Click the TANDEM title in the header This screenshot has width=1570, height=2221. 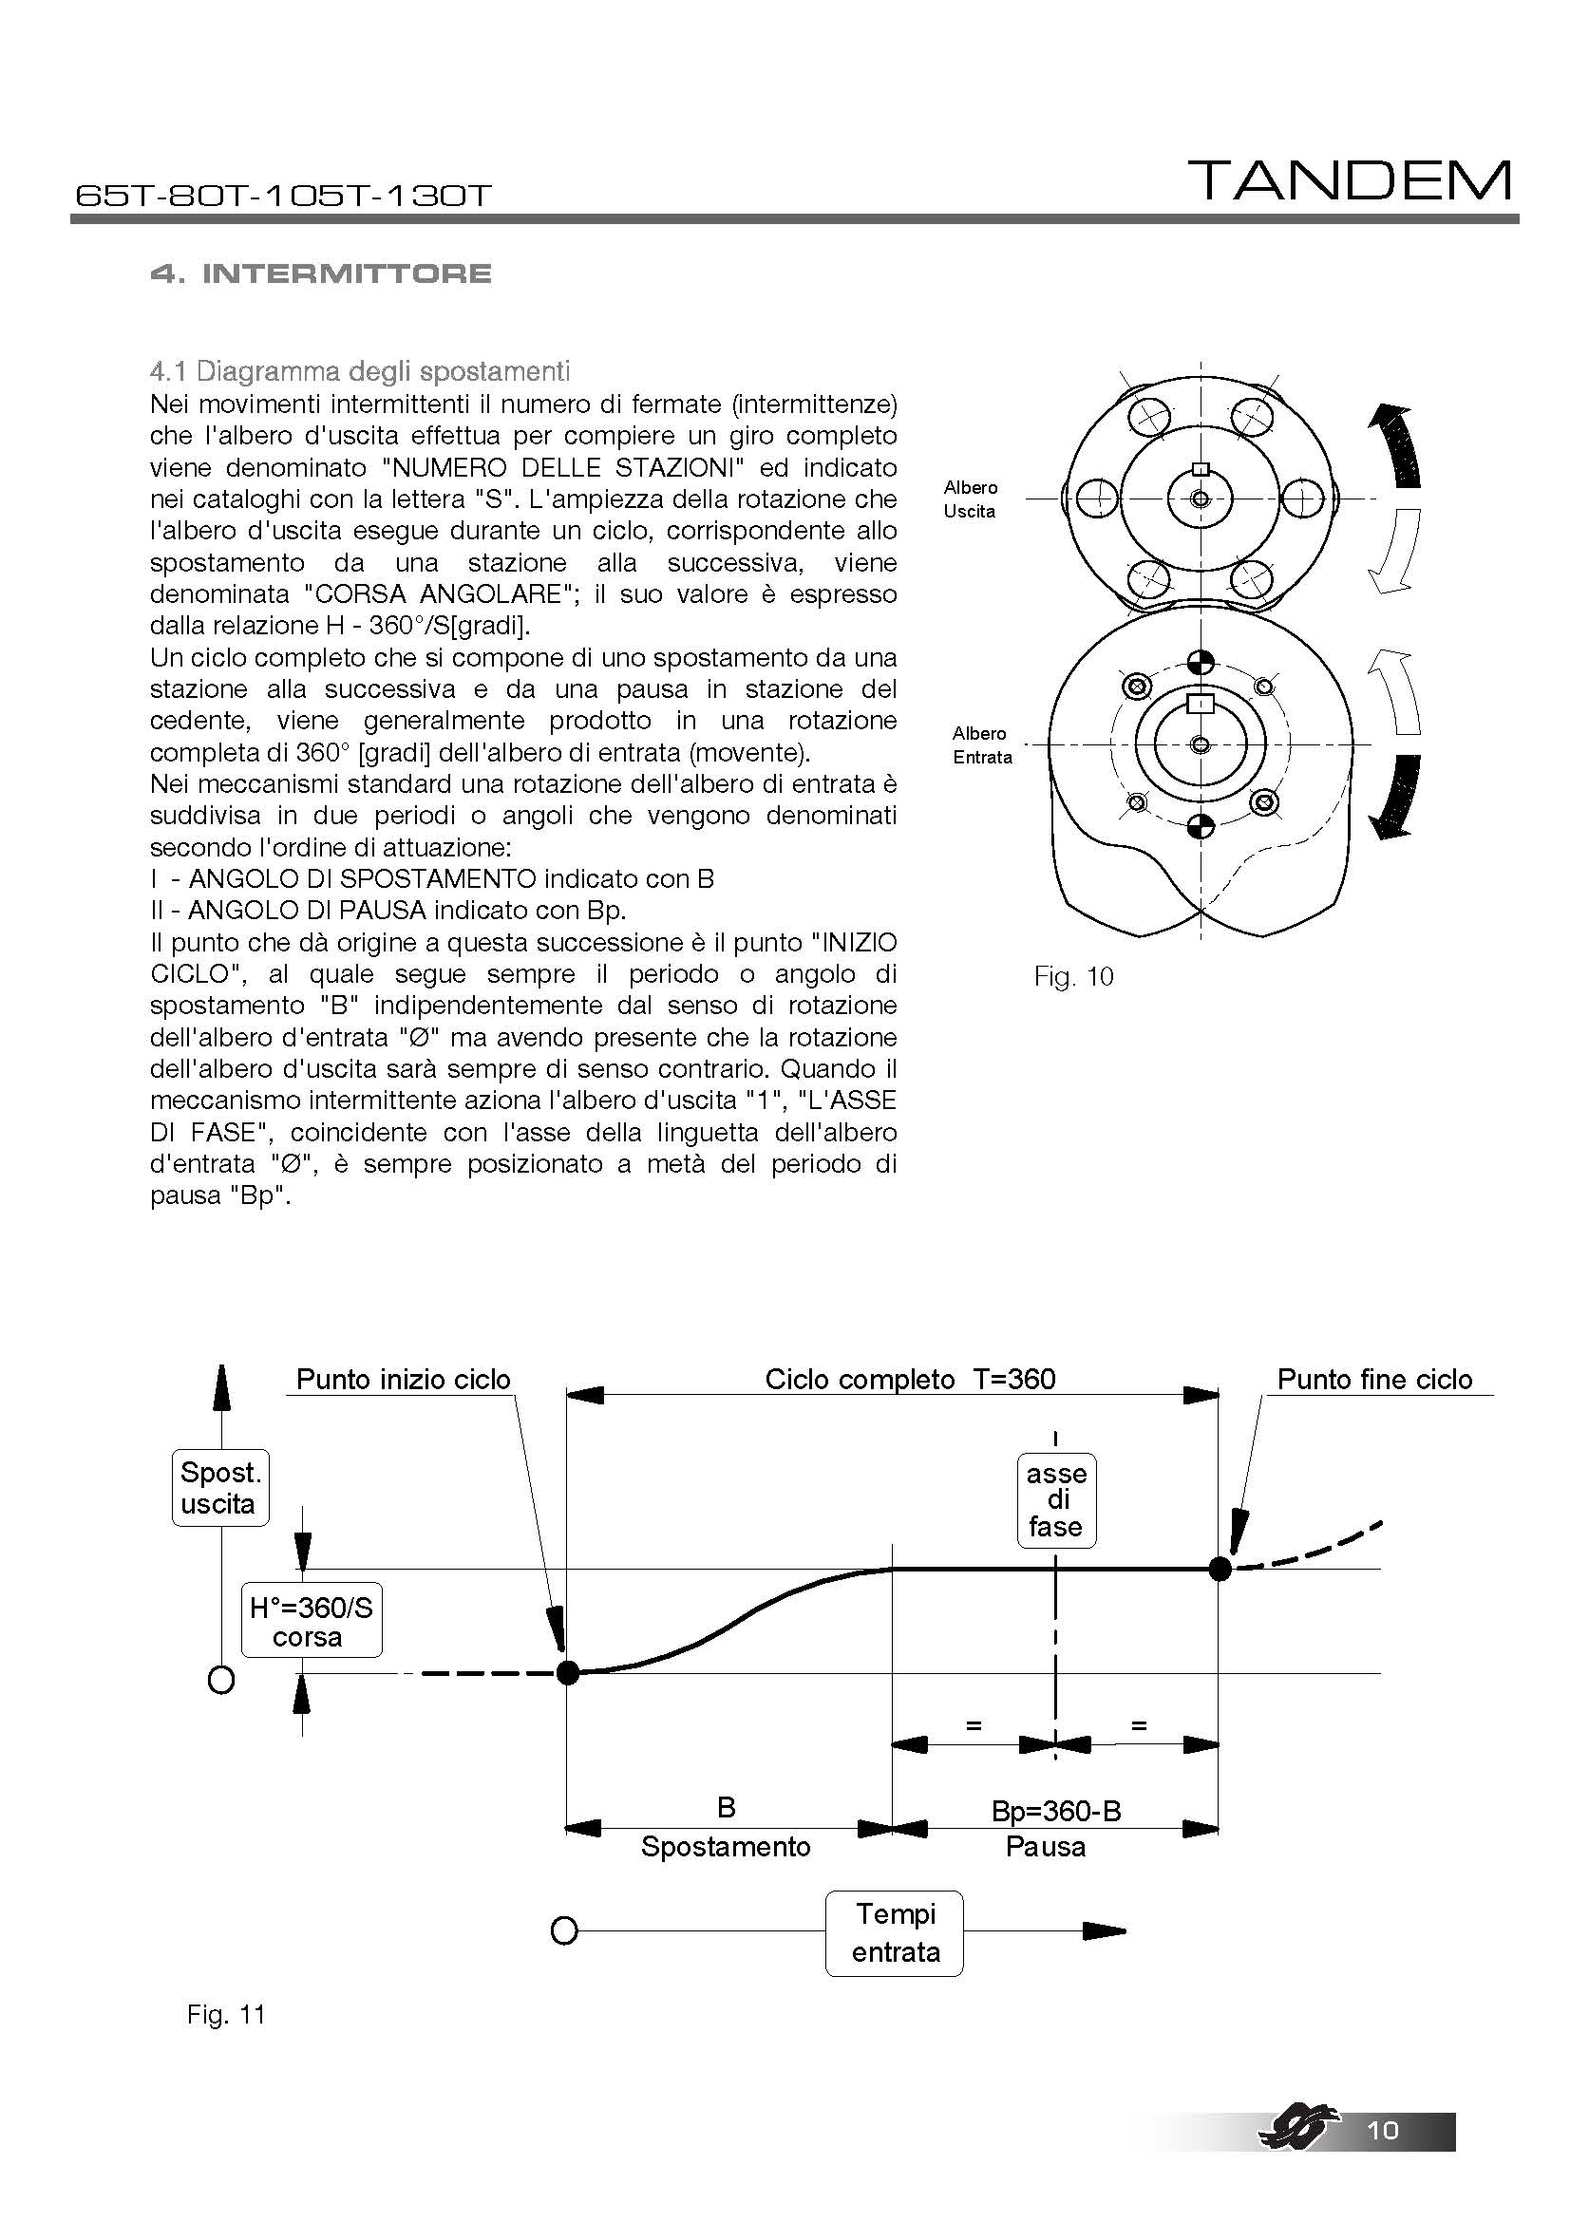click(x=1350, y=181)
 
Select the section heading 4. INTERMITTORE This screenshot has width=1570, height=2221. click(x=321, y=273)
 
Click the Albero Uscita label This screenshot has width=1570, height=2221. click(x=971, y=499)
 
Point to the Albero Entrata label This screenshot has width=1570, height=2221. click(x=981, y=744)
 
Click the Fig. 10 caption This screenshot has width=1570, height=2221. click(x=1074, y=976)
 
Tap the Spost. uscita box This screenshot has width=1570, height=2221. click(x=219, y=1488)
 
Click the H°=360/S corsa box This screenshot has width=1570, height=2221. click(x=311, y=1622)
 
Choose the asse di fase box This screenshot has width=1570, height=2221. click(x=1056, y=1499)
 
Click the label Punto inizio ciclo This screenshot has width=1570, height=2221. click(x=403, y=1379)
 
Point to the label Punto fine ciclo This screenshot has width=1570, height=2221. click(x=1374, y=1379)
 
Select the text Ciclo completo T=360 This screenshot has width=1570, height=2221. click(x=909, y=1379)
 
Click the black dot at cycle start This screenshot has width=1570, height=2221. click(x=568, y=1670)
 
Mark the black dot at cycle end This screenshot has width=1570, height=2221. click(x=1220, y=1568)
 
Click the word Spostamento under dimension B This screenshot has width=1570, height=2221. click(x=726, y=1847)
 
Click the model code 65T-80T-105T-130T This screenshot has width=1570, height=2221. click(x=283, y=197)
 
